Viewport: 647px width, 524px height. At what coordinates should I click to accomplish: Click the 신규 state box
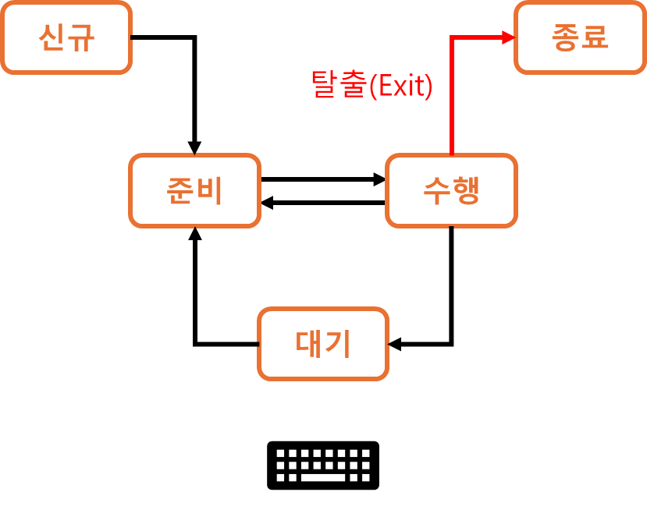point(66,37)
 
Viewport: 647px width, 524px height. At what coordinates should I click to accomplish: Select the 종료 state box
point(580,37)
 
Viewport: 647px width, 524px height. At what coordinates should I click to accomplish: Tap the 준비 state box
point(194,191)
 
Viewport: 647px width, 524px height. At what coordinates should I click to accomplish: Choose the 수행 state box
point(451,191)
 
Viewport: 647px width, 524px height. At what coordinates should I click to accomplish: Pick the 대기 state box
point(323,344)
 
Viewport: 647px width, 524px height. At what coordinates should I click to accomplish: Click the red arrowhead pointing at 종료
point(509,37)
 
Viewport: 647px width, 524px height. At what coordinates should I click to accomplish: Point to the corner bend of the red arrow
point(452,38)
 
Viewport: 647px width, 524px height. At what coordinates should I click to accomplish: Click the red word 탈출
point(338,85)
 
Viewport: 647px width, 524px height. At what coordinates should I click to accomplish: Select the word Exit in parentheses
point(400,87)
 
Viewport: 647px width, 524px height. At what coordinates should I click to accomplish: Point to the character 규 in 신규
point(80,37)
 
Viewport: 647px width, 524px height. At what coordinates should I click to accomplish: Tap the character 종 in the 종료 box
point(566,37)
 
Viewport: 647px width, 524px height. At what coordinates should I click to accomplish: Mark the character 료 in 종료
point(595,37)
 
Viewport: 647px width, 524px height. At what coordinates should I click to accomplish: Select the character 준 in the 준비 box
point(180,191)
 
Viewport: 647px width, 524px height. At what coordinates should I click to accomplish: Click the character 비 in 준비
point(209,191)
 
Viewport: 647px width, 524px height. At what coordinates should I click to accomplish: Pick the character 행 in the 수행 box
point(466,191)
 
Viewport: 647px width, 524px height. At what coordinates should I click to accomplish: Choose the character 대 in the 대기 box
point(309,344)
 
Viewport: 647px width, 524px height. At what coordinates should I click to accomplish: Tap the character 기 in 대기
point(337,344)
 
